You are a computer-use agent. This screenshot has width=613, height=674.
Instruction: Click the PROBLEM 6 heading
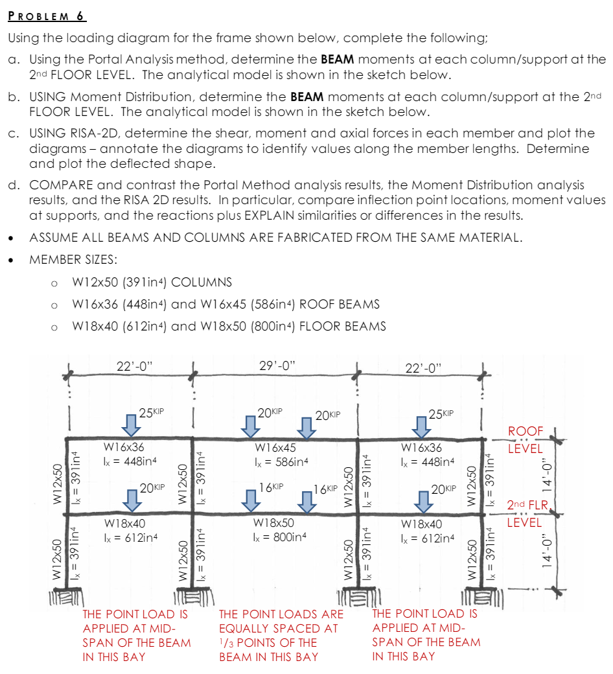click(x=47, y=16)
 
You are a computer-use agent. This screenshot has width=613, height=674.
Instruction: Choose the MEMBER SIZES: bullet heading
click(x=73, y=260)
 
